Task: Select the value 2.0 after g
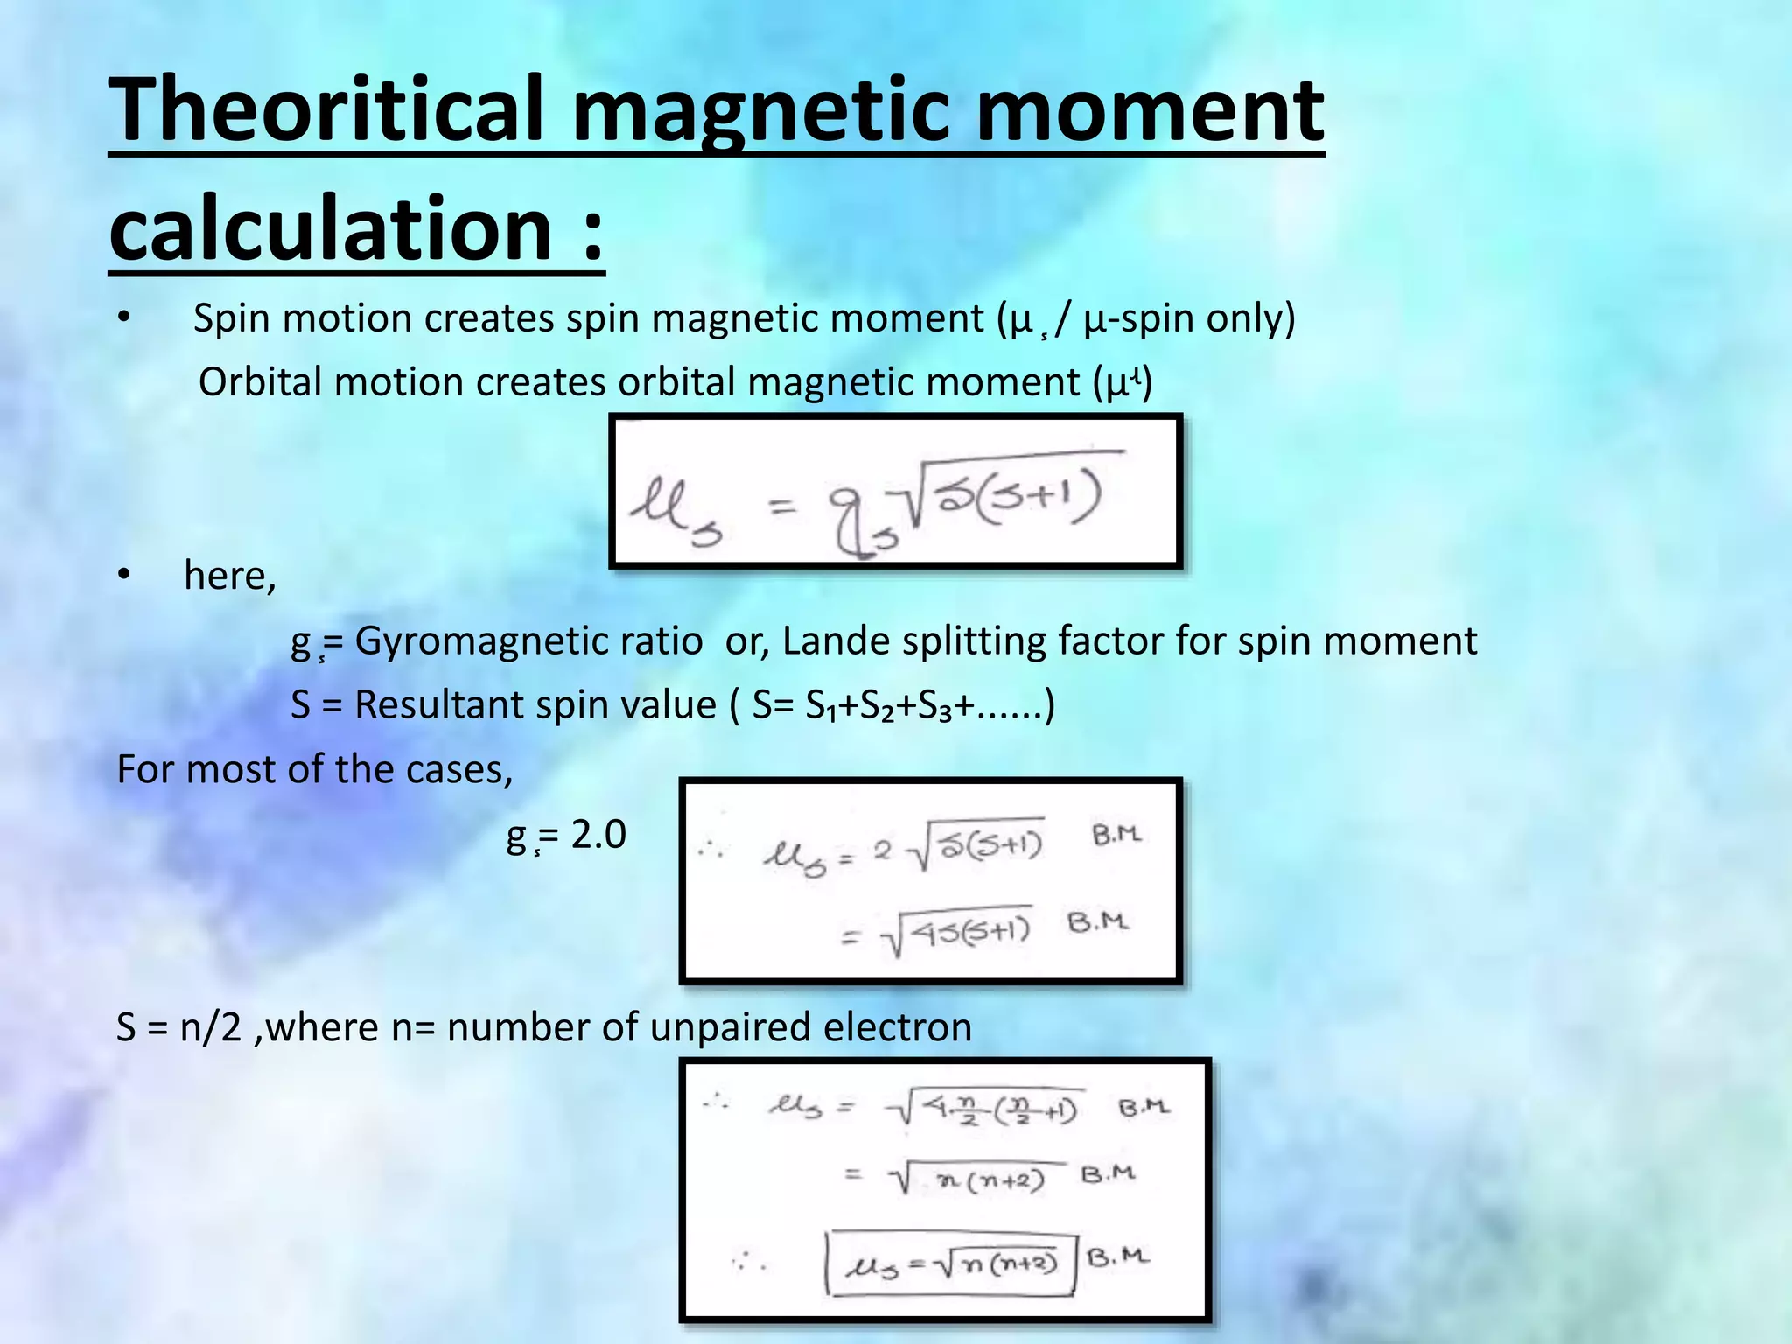[x=598, y=835]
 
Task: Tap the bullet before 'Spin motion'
[x=123, y=318]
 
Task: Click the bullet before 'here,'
[x=123, y=576]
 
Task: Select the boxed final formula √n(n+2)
[x=952, y=1263]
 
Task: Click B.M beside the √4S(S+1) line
[x=1098, y=922]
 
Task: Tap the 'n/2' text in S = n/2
[x=210, y=1026]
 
